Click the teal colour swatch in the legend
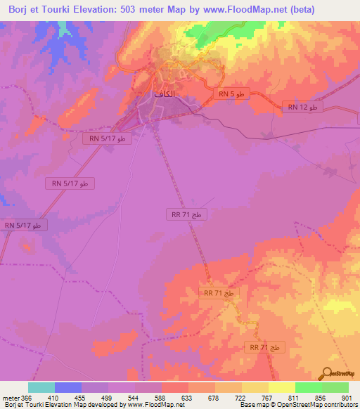click(x=41, y=387)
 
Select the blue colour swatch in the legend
click(x=68, y=387)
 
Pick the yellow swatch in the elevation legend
click(x=281, y=387)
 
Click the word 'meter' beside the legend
click(x=10, y=397)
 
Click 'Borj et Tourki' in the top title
click(x=36, y=9)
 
